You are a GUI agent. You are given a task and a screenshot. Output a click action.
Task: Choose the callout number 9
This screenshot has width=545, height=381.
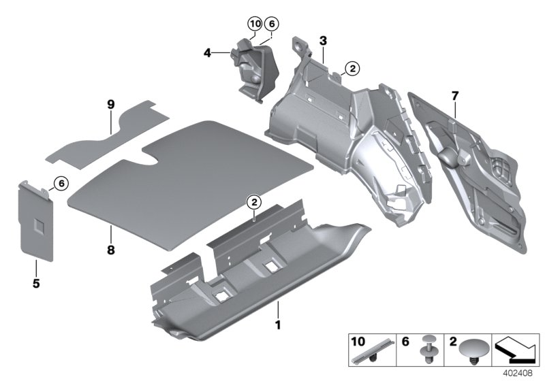click(110, 105)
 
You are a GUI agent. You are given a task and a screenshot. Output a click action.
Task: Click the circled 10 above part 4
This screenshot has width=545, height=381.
click(254, 23)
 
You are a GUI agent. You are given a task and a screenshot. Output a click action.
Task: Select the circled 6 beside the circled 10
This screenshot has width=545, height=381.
click(272, 23)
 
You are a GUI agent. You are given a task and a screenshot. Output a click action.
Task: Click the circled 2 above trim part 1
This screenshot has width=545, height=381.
click(253, 201)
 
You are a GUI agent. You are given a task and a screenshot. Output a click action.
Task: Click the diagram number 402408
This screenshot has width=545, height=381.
click(519, 374)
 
